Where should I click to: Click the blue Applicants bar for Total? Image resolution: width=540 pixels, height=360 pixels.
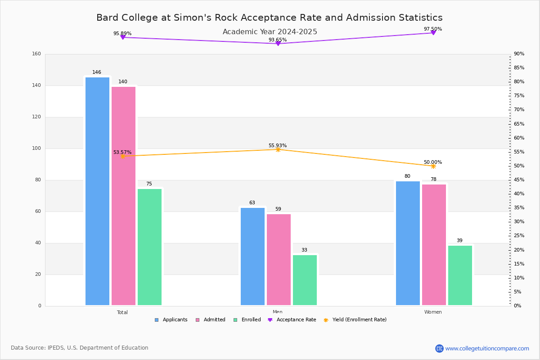click(x=97, y=191)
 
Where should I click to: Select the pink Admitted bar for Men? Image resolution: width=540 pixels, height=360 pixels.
click(x=279, y=260)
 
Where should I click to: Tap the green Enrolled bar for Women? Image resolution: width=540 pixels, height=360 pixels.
click(x=460, y=275)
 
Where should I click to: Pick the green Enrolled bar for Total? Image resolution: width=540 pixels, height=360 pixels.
click(x=149, y=247)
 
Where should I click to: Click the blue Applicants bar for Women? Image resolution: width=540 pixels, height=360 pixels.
click(x=408, y=243)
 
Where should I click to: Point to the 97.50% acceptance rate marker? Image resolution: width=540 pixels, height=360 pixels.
click(x=433, y=33)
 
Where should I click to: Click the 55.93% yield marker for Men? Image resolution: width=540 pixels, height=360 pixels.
click(x=278, y=149)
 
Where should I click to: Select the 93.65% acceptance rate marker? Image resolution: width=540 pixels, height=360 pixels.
click(x=278, y=44)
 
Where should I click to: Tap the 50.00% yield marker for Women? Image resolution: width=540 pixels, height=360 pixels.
click(x=433, y=166)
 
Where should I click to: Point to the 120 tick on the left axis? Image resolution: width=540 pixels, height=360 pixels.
click(x=36, y=117)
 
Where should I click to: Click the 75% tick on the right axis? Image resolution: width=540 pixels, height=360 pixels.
click(x=519, y=96)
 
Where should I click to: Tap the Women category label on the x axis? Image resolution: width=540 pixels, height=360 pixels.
click(x=433, y=312)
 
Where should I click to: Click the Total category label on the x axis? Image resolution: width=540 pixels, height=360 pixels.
click(x=122, y=312)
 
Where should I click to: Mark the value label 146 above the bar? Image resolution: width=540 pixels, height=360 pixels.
click(x=97, y=72)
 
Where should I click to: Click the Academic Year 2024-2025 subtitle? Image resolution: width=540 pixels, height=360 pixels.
click(x=270, y=32)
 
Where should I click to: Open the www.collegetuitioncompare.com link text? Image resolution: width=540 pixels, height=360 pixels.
click(x=487, y=348)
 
